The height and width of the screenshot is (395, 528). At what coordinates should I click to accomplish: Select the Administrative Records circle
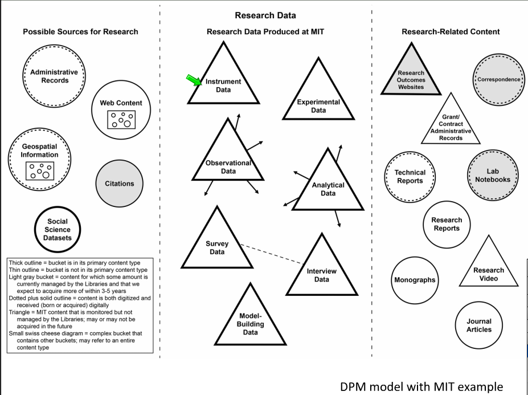click(x=54, y=76)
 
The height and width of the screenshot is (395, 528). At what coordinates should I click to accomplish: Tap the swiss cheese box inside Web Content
click(x=121, y=120)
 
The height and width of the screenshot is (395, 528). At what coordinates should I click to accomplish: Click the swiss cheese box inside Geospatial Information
click(x=40, y=170)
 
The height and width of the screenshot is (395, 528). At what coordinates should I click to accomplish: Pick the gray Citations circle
click(x=120, y=184)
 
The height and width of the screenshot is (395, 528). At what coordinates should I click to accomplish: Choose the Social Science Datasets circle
click(x=58, y=230)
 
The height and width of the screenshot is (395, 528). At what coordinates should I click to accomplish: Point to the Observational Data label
click(x=228, y=167)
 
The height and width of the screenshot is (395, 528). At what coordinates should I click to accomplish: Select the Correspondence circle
click(x=498, y=80)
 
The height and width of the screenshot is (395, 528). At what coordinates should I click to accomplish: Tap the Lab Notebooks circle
click(x=493, y=176)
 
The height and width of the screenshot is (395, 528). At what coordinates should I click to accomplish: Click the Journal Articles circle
click(x=479, y=325)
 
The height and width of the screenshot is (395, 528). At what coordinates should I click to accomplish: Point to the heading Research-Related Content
click(x=451, y=32)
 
